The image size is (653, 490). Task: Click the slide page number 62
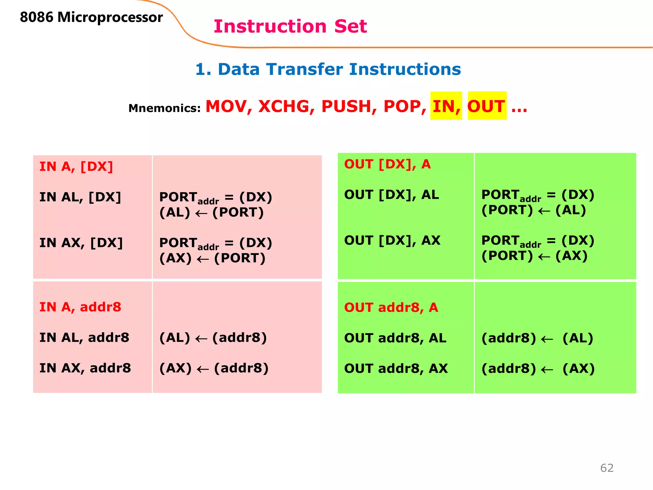point(606,468)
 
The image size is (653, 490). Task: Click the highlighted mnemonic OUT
point(486,106)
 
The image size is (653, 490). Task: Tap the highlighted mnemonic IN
point(445,106)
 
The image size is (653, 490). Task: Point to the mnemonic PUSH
point(349,106)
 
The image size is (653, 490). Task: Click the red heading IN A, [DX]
point(76,167)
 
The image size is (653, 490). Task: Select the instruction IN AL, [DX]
point(80,197)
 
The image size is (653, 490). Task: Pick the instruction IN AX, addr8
point(85,368)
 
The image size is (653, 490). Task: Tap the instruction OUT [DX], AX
point(392,241)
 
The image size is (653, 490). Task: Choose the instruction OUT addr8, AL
point(395,338)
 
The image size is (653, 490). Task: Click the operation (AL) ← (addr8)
point(213,338)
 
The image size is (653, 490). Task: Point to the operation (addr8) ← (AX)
point(538,369)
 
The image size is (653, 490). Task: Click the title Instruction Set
point(290,26)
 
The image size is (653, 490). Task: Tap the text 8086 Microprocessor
point(91,17)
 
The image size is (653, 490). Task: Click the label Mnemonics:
point(164,108)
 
